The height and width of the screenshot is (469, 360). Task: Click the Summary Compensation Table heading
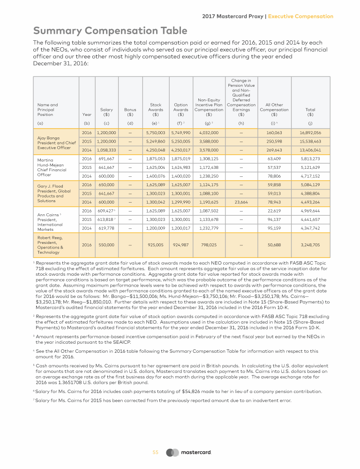(x=110, y=31)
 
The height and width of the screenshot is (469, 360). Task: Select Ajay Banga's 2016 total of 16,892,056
(x=310, y=133)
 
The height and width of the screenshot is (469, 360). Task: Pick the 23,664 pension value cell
(x=241, y=203)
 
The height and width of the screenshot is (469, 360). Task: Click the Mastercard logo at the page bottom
(x=189, y=453)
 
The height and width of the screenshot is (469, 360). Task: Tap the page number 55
(x=156, y=453)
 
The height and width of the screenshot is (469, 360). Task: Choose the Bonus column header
(x=130, y=112)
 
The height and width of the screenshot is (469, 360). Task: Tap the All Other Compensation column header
(x=274, y=109)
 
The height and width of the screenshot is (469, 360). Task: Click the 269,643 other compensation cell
(x=274, y=150)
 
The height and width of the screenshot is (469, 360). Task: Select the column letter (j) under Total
(x=310, y=123)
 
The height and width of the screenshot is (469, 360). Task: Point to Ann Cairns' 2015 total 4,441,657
(x=310, y=219)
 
